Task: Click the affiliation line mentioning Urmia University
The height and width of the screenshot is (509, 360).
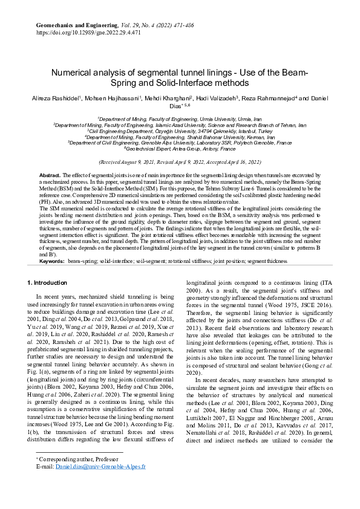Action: click(x=180, y=120)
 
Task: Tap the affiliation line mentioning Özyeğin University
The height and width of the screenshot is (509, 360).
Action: click(x=180, y=131)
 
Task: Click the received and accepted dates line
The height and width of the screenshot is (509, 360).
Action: click(x=180, y=162)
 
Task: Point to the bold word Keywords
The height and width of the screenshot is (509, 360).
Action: click(x=51, y=261)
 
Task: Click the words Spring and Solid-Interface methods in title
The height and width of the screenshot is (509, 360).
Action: click(x=180, y=82)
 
